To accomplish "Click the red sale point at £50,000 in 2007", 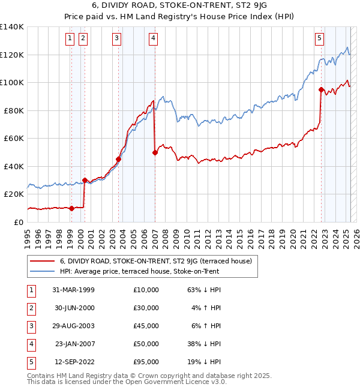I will (155, 152).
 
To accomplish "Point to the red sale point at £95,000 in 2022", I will (321, 90).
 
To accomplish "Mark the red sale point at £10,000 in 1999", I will (71, 208).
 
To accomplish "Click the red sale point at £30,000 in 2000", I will (85, 180).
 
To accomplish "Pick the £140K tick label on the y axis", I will (12, 27).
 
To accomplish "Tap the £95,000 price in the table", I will (146, 362).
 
